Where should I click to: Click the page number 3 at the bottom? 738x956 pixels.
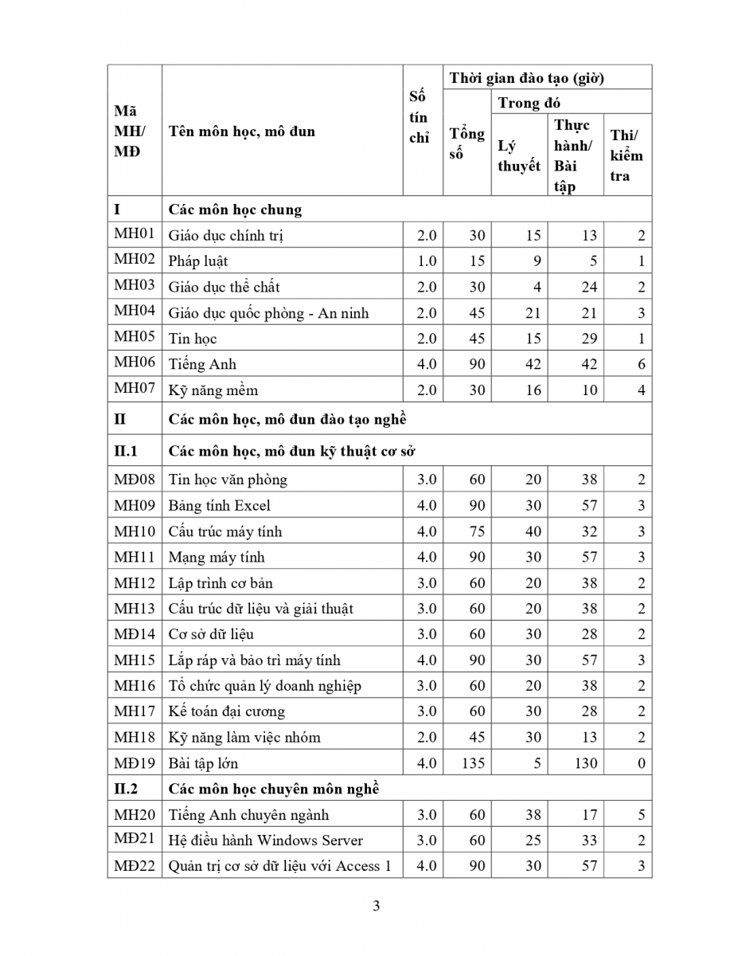tap(376, 906)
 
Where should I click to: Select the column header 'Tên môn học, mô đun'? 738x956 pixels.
tap(242, 131)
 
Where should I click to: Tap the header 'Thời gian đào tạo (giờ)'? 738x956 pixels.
tap(527, 78)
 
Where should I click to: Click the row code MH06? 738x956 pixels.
tap(135, 364)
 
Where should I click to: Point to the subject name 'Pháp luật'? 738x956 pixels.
tap(198, 261)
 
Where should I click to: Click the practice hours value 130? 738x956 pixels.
tap(585, 763)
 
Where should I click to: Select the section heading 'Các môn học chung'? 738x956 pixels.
tap(235, 210)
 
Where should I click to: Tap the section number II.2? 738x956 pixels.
tap(126, 789)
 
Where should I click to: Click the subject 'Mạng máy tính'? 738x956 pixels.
tap(216, 557)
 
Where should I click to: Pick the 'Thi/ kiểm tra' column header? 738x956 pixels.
tap(627, 155)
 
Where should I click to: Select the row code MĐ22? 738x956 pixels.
tap(135, 866)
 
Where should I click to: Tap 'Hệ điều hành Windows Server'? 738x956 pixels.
tap(265, 840)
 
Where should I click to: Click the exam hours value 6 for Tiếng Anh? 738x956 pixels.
tap(642, 365)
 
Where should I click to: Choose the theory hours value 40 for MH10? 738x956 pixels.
tap(533, 531)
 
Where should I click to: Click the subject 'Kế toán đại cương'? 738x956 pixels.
tap(226, 711)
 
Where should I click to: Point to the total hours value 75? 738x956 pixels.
tap(477, 531)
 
